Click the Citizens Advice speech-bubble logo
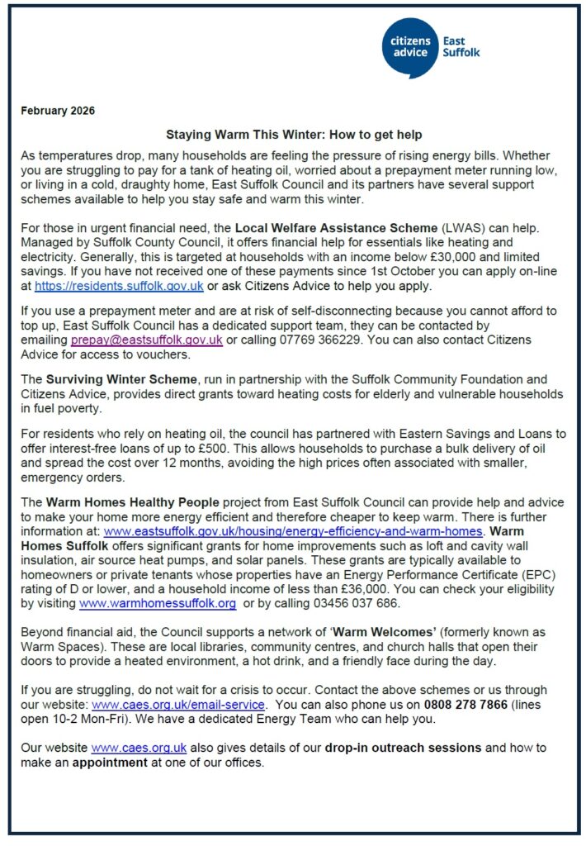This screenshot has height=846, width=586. click(x=409, y=46)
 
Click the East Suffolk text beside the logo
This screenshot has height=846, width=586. click(x=461, y=46)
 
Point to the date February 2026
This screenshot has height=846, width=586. click(x=58, y=111)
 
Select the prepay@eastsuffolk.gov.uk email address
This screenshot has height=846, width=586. click(x=146, y=340)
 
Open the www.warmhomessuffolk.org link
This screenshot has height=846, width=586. click(x=157, y=605)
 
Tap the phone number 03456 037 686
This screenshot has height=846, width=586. click(x=357, y=605)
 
